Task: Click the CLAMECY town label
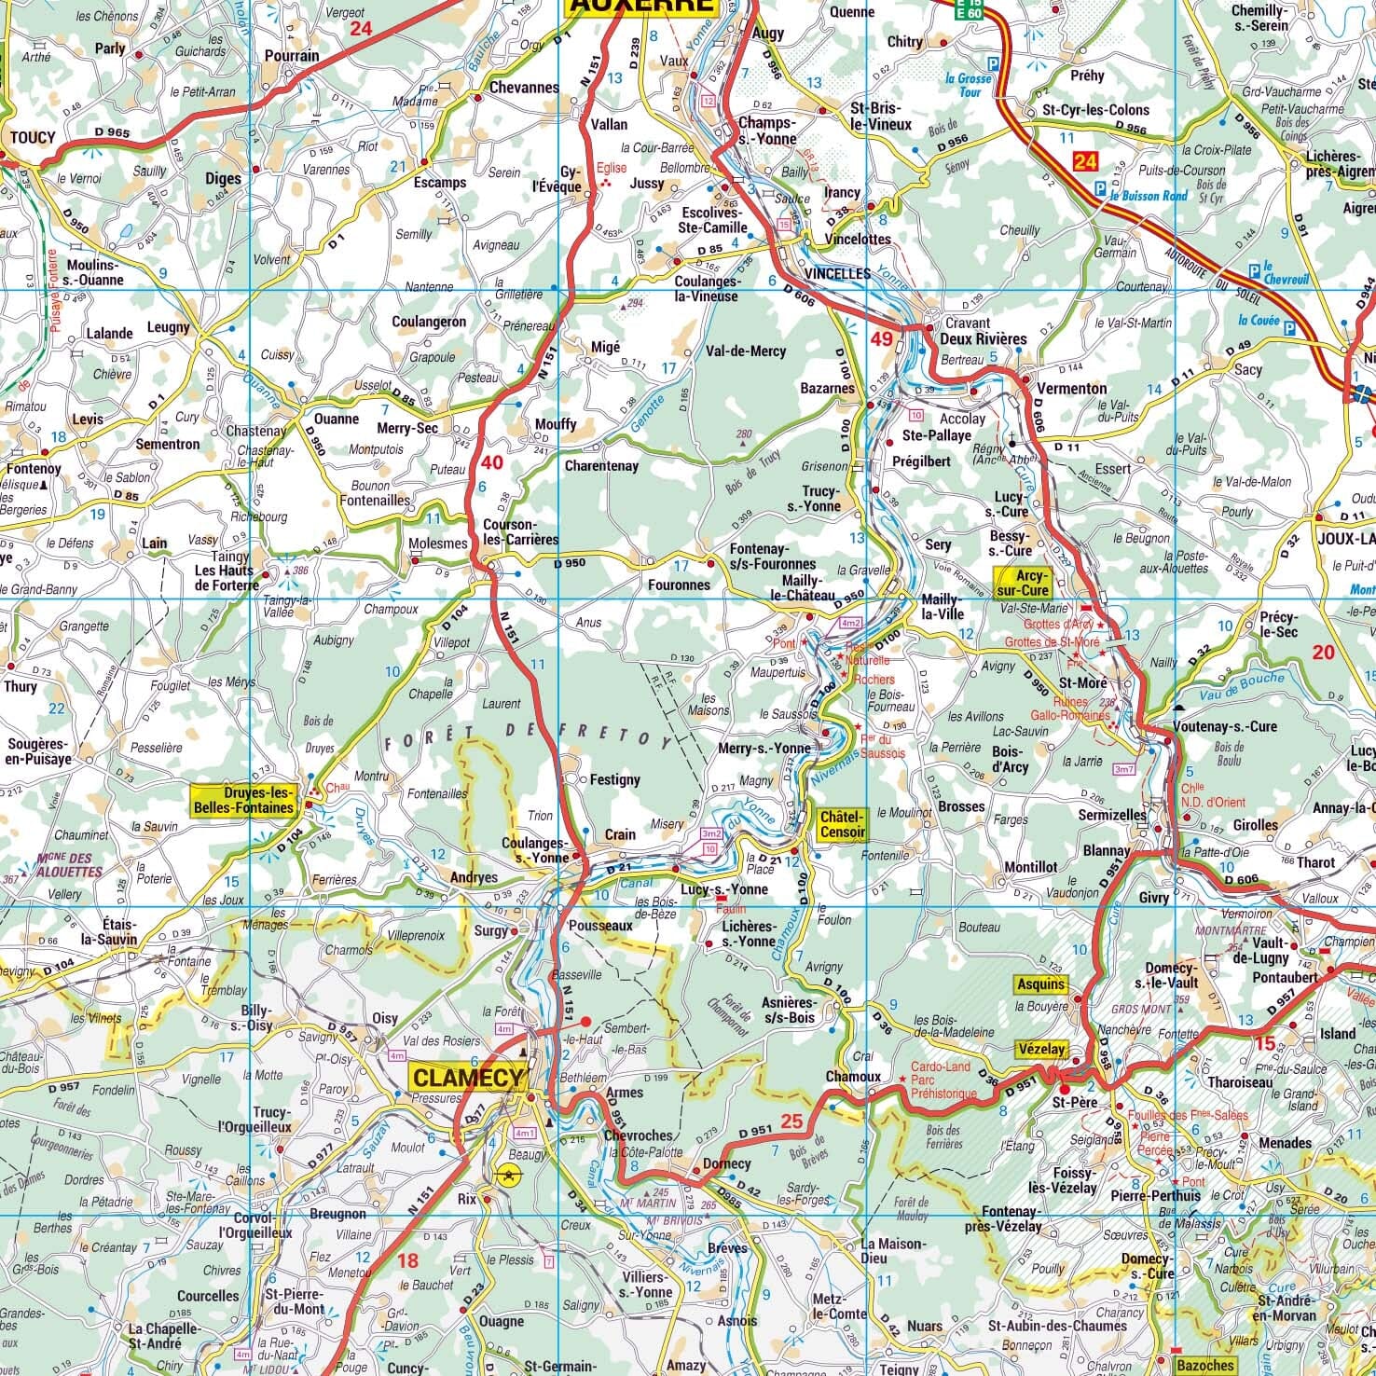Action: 468,1078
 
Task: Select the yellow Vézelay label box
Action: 1040,1049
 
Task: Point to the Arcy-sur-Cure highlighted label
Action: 1023,583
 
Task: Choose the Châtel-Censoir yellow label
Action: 843,824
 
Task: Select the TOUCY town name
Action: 33,137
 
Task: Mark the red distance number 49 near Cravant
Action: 882,338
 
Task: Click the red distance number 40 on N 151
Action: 492,462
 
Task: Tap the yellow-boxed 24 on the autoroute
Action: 1085,162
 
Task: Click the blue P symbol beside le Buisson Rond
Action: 1101,187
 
